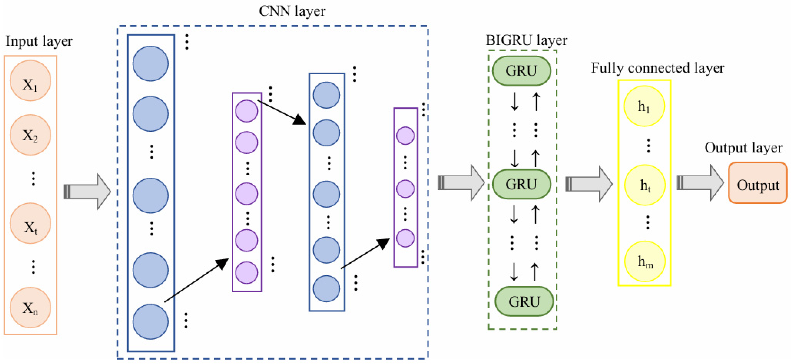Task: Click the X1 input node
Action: pos(30,81)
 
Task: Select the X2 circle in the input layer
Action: pos(30,135)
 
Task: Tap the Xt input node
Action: pos(30,223)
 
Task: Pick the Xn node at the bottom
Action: pos(30,307)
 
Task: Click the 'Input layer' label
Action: pos(39,41)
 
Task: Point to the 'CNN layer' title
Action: pos(292,11)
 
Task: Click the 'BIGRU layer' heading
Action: pos(526,40)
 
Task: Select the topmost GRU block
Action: pos(521,71)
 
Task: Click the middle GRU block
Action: pos(521,184)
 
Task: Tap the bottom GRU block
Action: pos(524,301)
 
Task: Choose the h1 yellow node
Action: pos(644,106)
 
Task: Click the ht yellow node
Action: pos(645,185)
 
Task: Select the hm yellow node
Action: pos(645,261)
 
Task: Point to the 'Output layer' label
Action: pos(743,148)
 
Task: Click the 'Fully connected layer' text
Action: pos(658,67)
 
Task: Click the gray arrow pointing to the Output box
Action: pos(700,183)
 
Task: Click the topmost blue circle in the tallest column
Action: pos(150,63)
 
